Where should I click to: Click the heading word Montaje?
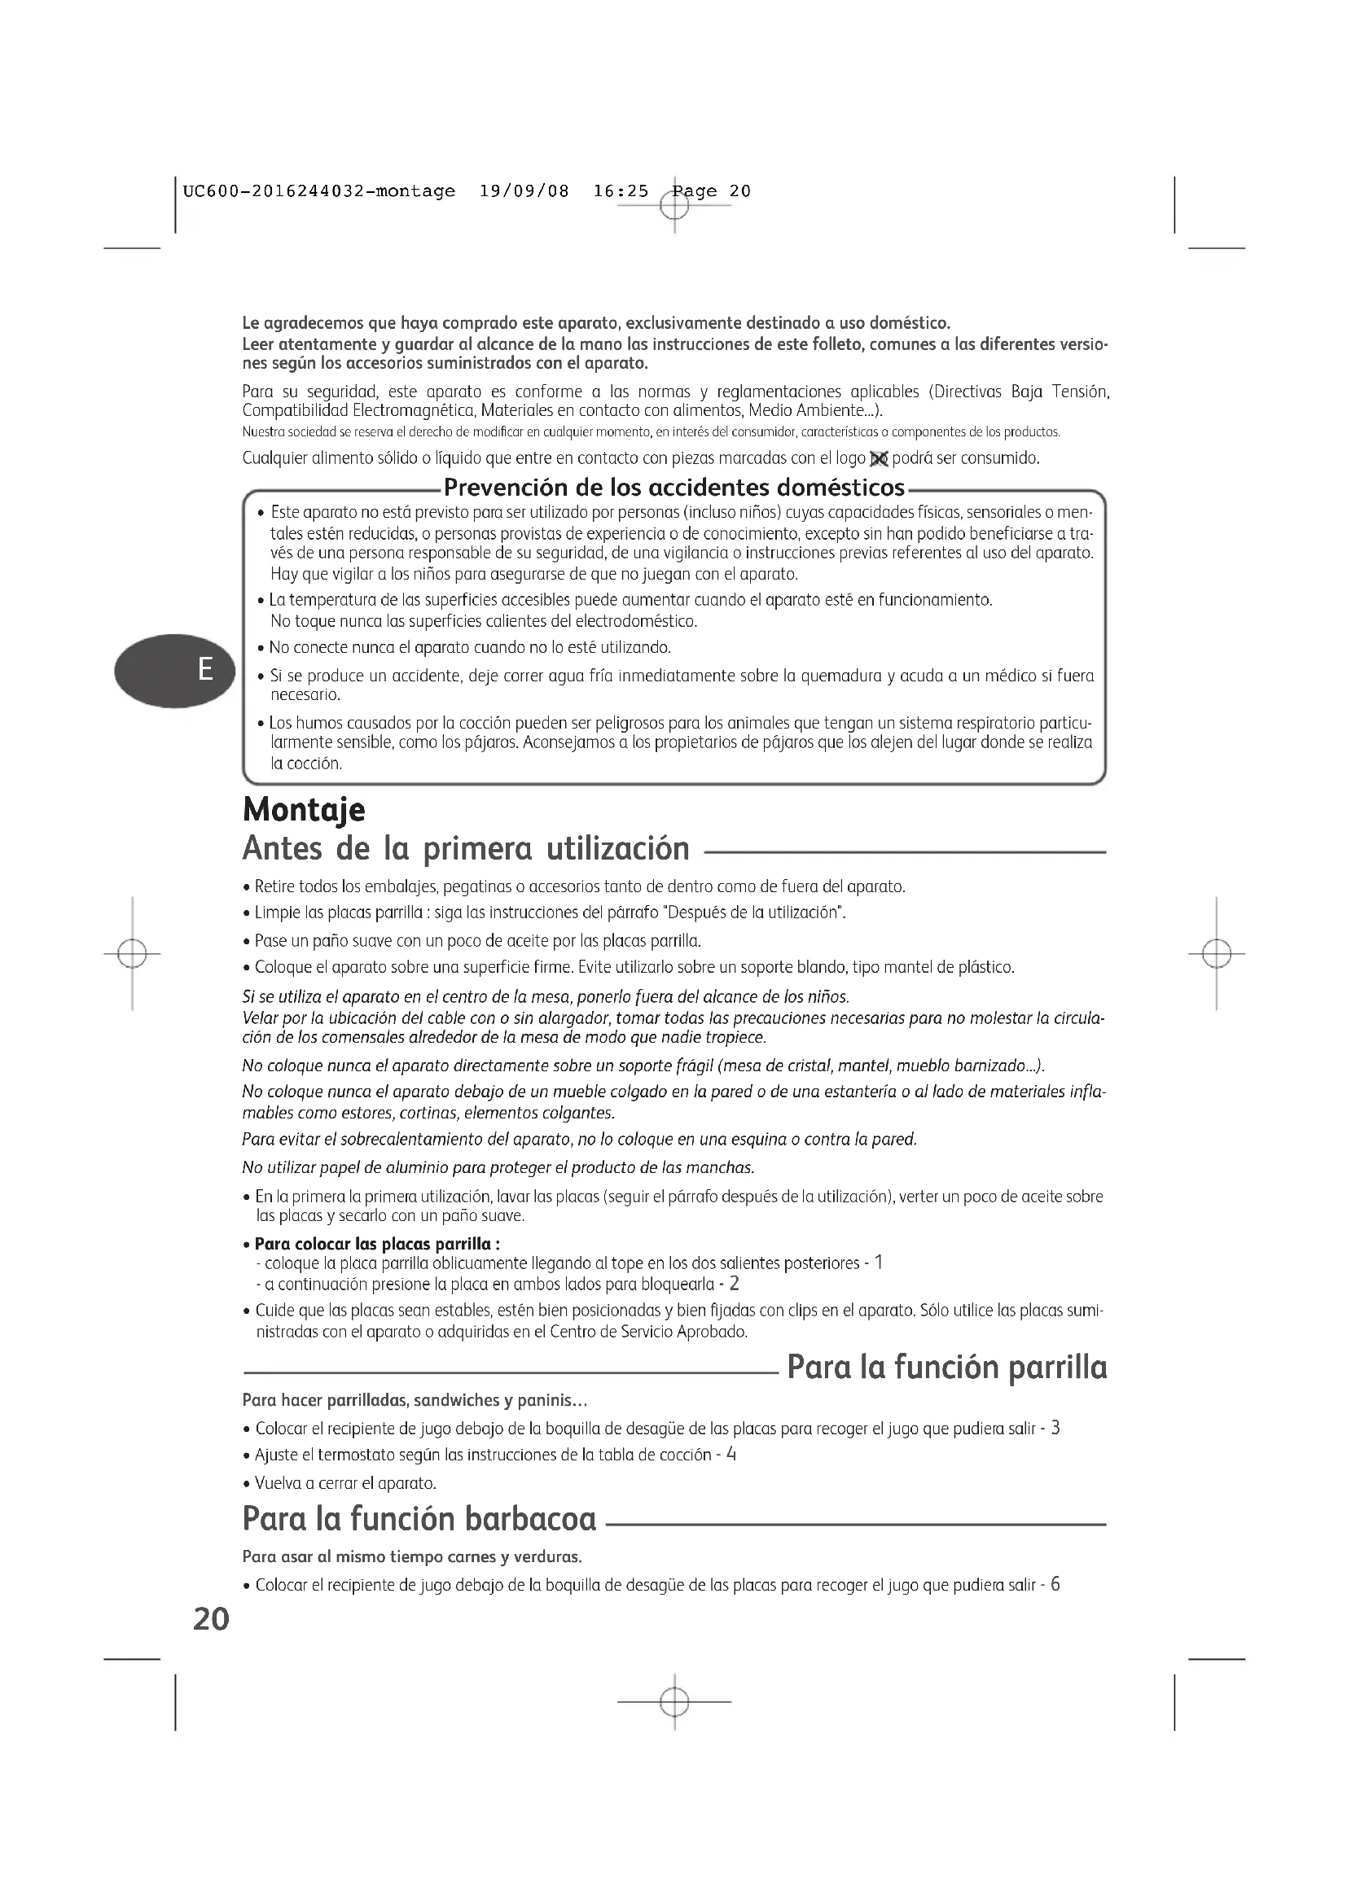click(x=304, y=809)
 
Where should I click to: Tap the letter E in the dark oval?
click(x=205, y=668)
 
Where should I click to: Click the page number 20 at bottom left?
click(x=211, y=1618)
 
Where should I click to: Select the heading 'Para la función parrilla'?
click(x=946, y=1368)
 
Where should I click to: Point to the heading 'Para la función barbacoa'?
click(x=419, y=1519)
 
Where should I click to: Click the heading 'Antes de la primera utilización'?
click(x=465, y=848)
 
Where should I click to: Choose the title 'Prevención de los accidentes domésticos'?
click(x=673, y=487)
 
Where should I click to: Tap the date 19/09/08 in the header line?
click(x=524, y=191)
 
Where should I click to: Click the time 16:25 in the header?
click(x=621, y=191)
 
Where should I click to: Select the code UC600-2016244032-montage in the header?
click(x=318, y=191)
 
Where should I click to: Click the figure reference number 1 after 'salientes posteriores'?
click(x=880, y=1263)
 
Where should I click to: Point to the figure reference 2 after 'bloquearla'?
click(x=734, y=1284)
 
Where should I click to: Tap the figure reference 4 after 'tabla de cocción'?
click(x=731, y=1454)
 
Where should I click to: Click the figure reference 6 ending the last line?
click(x=1055, y=1585)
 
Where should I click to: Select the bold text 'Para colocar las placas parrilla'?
click(x=375, y=1244)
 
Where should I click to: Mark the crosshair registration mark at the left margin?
click(x=133, y=954)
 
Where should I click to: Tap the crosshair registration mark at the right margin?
click(x=1216, y=954)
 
